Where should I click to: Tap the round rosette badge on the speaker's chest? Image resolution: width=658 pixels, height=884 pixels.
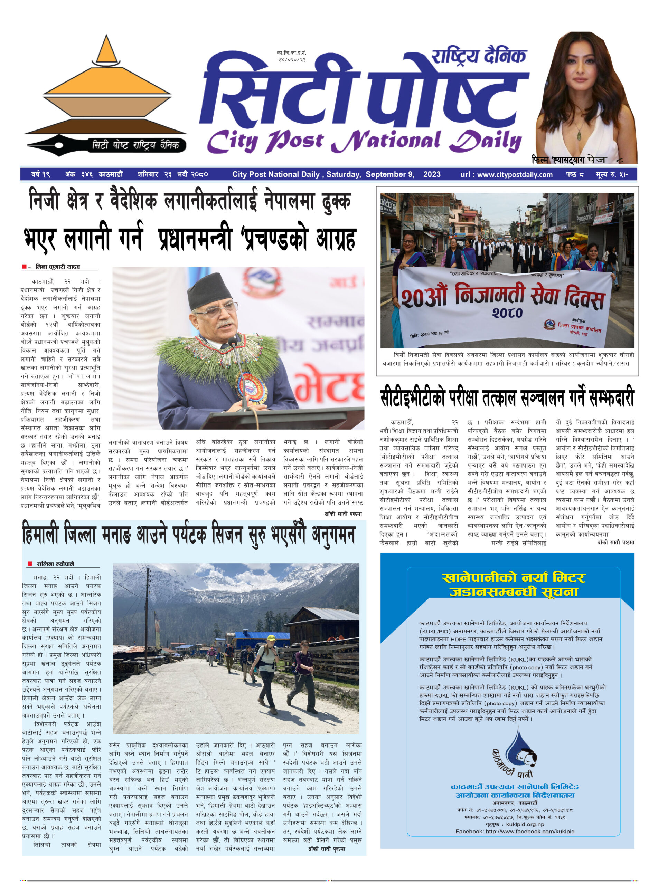(251, 388)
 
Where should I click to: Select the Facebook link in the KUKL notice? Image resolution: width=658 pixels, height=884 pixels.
(515, 832)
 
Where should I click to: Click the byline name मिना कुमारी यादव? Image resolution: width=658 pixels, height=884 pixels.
(57, 267)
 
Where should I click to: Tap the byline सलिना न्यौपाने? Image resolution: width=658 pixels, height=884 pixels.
(55, 564)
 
